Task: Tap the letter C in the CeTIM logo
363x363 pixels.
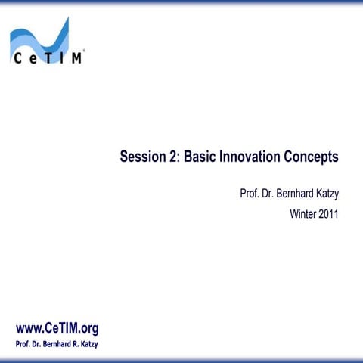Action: coord(17,58)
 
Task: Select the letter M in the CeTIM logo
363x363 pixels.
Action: coord(76,58)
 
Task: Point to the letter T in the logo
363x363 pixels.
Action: coord(47,58)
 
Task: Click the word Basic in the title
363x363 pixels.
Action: coord(200,157)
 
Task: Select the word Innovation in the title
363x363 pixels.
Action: coord(250,157)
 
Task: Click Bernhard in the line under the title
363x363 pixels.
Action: coord(296,194)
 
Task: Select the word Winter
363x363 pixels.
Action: coord(304,213)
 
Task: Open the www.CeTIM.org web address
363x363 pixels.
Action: coord(57,328)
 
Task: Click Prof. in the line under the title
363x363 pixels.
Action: coord(250,194)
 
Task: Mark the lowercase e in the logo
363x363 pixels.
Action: coord(31,59)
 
